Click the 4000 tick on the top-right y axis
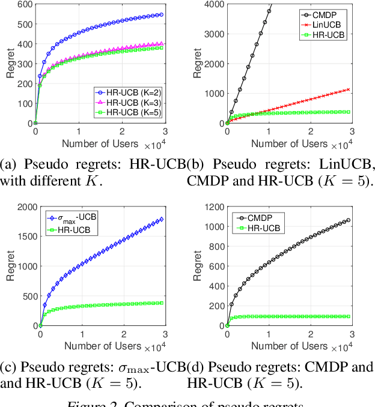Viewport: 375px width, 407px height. coord(213,5)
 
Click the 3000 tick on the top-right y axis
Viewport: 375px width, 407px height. coord(213,34)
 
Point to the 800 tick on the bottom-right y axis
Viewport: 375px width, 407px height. coord(216,247)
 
